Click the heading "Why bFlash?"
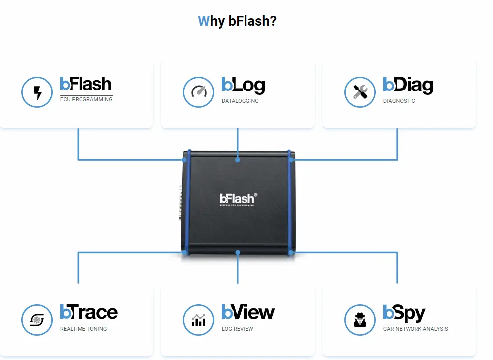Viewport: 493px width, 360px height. tap(237, 21)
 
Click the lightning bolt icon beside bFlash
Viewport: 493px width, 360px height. tap(37, 92)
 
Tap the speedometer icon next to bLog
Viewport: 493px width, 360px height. tap(199, 92)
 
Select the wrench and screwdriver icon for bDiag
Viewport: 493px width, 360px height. tap(360, 92)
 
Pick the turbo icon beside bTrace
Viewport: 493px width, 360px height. tap(37, 319)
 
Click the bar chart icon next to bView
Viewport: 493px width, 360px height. tap(199, 319)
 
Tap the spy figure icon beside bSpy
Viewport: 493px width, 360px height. tap(360, 319)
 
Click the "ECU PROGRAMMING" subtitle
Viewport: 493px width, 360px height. tap(86, 99)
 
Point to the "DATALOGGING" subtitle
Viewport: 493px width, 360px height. tap(240, 101)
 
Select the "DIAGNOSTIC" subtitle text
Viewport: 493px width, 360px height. tap(399, 101)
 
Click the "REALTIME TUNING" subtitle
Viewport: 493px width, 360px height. tap(83, 329)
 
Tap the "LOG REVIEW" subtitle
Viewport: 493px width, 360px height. tap(238, 329)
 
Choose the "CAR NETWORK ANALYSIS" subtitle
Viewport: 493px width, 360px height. tap(415, 329)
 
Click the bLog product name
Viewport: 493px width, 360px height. tap(243, 86)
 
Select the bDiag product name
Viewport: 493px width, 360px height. tap(408, 86)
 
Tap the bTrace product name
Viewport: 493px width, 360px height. tap(89, 312)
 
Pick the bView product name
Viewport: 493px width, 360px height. tap(248, 312)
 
